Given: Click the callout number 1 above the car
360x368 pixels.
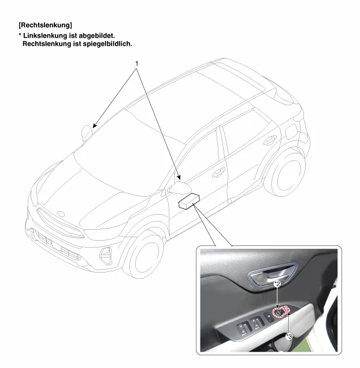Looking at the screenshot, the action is (x=136, y=64).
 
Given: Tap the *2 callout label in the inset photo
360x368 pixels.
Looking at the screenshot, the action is (x=277, y=284).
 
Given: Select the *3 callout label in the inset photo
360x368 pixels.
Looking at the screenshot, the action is (x=290, y=337).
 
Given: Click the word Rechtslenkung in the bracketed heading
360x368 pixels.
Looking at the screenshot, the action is (x=46, y=25).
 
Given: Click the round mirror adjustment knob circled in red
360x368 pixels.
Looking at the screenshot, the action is (x=278, y=312).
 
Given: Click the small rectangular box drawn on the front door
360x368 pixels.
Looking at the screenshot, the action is (x=189, y=201).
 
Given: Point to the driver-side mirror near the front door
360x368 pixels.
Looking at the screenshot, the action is (x=179, y=187).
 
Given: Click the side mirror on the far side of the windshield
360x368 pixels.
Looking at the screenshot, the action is (x=86, y=133).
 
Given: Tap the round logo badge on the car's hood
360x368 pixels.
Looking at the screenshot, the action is (x=61, y=214).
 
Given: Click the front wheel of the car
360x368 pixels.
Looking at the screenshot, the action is (x=144, y=255).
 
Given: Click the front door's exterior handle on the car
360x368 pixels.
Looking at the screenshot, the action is (x=218, y=172).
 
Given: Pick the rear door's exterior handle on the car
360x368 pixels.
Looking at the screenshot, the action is (x=270, y=141).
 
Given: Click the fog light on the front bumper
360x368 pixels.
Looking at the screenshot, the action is (x=105, y=255).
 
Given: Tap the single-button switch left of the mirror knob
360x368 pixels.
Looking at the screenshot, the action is (x=269, y=317).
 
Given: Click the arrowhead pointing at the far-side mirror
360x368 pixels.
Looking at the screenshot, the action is (x=94, y=126).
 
